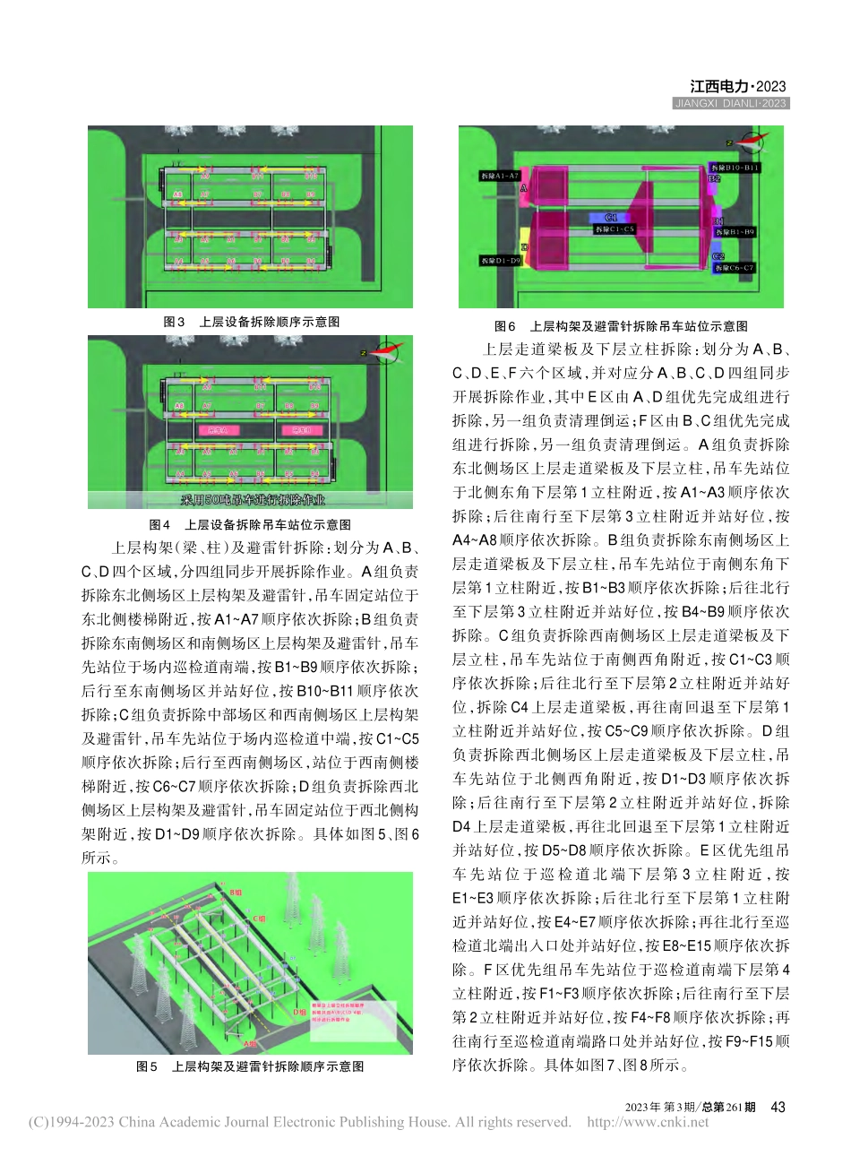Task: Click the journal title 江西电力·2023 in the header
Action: pos(737,87)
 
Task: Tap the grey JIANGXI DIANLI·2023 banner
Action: pos(730,104)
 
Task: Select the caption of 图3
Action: pos(251,322)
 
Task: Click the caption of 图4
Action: pos(250,524)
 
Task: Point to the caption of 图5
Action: pos(250,1066)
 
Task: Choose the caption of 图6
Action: pos(621,326)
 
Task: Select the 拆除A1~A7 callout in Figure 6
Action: pos(499,176)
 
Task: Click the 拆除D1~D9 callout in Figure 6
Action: pos(500,261)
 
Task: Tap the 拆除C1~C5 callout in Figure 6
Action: pos(615,229)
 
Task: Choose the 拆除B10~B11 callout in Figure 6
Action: pos(735,168)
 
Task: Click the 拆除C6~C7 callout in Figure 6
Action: pos(735,267)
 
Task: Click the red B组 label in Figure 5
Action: pos(236,893)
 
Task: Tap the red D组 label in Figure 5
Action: pos(299,1011)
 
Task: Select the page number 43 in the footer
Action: pos(778,1107)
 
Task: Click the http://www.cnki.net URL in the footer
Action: pos(647,1122)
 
